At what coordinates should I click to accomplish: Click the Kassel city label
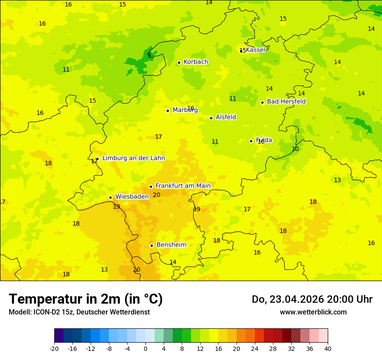(x=255, y=50)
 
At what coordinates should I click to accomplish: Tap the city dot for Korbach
(x=179, y=62)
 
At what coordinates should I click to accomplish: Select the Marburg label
(x=185, y=110)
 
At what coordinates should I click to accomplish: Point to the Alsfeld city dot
(x=211, y=118)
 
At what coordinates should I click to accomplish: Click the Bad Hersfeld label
(x=286, y=101)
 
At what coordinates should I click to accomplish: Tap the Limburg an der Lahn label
(x=133, y=158)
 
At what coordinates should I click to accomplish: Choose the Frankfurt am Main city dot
(x=151, y=187)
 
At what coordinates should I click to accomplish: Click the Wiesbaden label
(x=132, y=196)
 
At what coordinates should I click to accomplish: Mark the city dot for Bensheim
(x=151, y=245)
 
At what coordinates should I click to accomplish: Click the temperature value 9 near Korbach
(x=149, y=55)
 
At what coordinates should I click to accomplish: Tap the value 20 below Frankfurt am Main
(x=156, y=195)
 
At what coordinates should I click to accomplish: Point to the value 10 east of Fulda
(x=295, y=149)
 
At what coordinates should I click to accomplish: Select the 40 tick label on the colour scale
(x=328, y=348)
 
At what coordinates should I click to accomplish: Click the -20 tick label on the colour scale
(x=54, y=348)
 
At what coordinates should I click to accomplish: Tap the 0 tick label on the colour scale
(x=145, y=348)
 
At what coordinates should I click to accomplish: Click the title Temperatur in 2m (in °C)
(x=86, y=299)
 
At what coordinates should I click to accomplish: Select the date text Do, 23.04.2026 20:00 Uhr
(x=312, y=299)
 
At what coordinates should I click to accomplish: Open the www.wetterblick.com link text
(x=313, y=312)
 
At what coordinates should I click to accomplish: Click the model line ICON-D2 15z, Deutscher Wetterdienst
(x=79, y=312)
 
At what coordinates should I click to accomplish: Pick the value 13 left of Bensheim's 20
(x=104, y=269)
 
